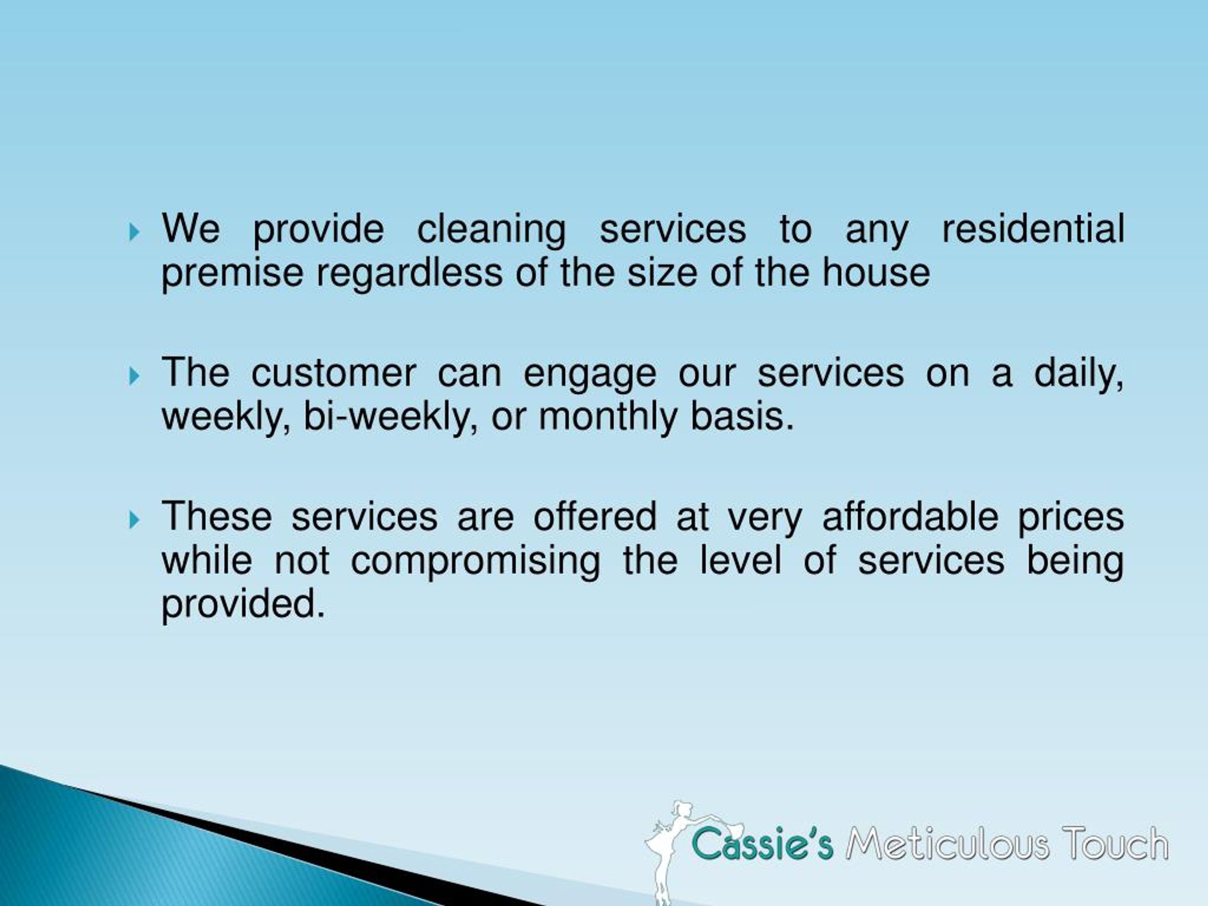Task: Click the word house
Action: pyautogui.click(x=877, y=273)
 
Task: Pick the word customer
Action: pyautogui.click(x=334, y=374)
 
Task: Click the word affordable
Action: pyautogui.click(x=910, y=517)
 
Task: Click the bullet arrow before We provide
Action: pyautogui.click(x=134, y=233)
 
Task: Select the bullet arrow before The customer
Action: pyautogui.click(x=134, y=376)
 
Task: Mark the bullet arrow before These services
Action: pyautogui.click(x=134, y=520)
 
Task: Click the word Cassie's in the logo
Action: pyautogui.click(x=762, y=844)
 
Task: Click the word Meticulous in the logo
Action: pyautogui.click(x=948, y=844)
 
